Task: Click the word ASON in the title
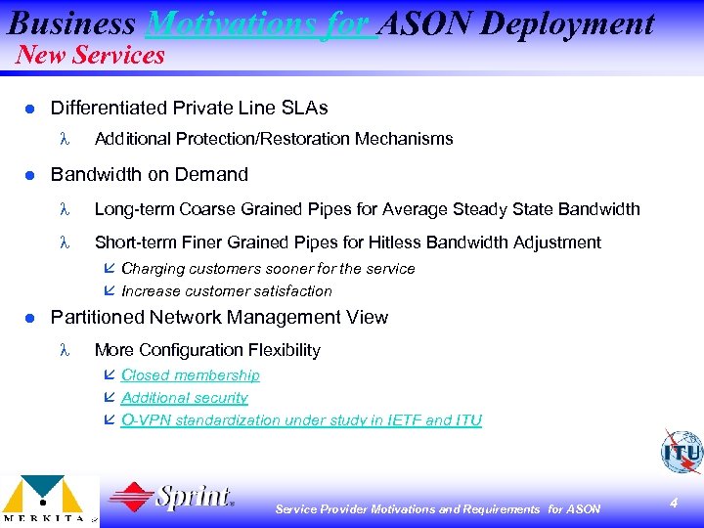[x=422, y=22]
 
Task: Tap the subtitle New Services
[x=90, y=55]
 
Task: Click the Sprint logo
[x=172, y=498]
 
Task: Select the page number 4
[x=674, y=502]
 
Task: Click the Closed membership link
[x=190, y=375]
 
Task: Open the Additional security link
[x=184, y=398]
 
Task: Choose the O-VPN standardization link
[x=300, y=420]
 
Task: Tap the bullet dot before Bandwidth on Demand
[x=29, y=175]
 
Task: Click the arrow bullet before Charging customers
[x=109, y=268]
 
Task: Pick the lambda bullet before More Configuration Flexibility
[x=66, y=350]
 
